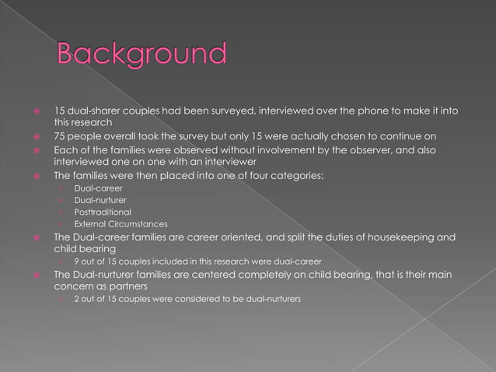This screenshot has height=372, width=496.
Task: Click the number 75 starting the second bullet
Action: click(x=59, y=136)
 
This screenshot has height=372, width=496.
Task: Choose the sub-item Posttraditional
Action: click(x=103, y=212)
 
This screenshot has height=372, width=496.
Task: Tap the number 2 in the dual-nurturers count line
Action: click(x=76, y=299)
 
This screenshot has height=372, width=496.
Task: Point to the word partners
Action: click(x=125, y=286)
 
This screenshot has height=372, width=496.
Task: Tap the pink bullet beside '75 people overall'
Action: click(x=37, y=136)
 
